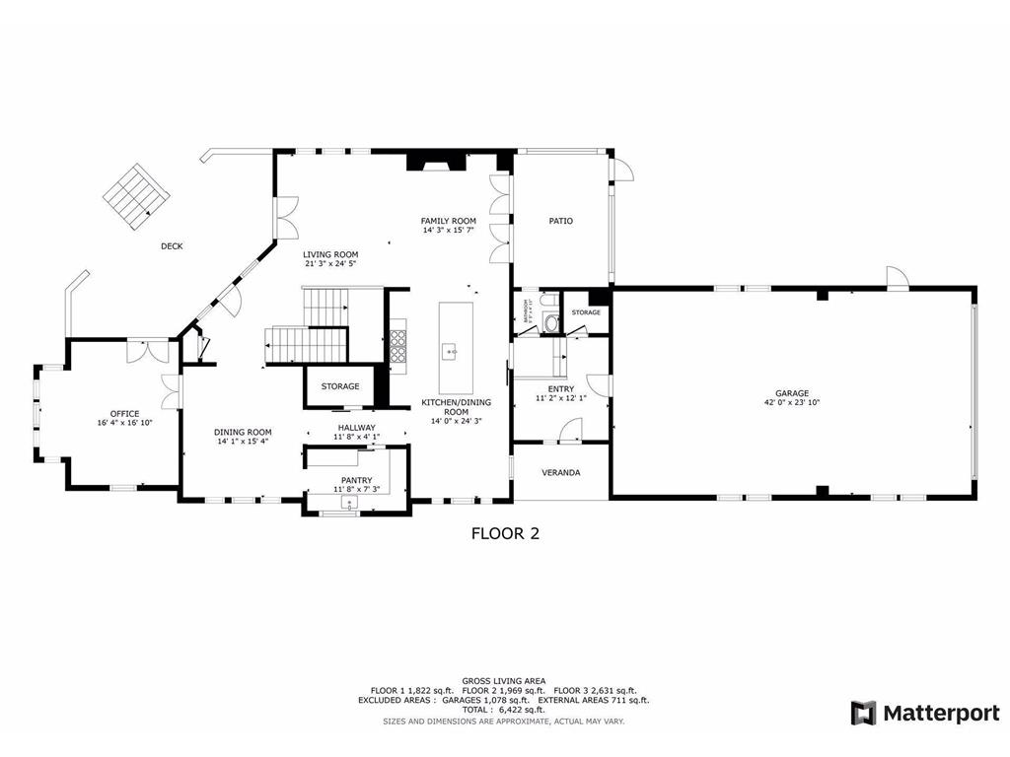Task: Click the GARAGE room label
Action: coord(792,392)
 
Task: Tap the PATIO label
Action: coord(560,221)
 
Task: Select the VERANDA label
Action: coord(561,472)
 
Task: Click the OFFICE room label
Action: coord(124,413)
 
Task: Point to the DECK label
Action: coord(172,246)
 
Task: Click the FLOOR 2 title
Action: coord(504,534)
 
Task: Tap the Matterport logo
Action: coord(926,713)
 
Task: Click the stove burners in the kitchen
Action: coord(400,346)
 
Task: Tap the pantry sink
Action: coord(349,503)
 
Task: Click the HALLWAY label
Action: coord(356,427)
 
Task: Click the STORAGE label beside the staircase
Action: coord(339,386)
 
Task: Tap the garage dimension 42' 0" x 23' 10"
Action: coord(792,402)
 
